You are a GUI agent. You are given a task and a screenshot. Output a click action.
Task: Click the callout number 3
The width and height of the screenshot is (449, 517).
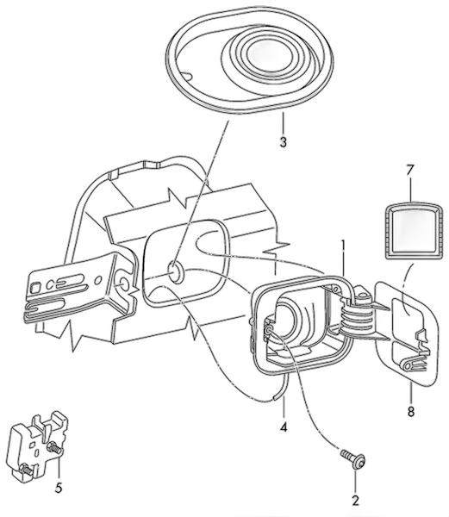click(283, 142)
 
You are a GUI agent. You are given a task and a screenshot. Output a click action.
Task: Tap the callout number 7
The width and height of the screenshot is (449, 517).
click(409, 171)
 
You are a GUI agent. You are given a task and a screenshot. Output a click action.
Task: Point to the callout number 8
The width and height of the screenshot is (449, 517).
click(411, 411)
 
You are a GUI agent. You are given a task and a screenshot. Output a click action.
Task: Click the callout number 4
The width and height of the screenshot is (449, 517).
click(284, 427)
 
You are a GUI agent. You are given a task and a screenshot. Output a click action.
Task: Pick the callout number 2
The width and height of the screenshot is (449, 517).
click(355, 501)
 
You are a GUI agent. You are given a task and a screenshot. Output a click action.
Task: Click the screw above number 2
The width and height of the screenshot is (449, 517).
click(353, 459)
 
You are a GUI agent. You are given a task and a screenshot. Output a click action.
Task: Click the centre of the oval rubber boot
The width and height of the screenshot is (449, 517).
click(250, 60)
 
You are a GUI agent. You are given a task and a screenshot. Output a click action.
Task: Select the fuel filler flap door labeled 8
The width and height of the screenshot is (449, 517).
click(408, 333)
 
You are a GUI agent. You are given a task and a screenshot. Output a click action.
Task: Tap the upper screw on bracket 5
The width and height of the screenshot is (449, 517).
click(53, 448)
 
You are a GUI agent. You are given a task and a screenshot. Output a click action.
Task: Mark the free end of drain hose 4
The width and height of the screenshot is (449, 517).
click(276, 399)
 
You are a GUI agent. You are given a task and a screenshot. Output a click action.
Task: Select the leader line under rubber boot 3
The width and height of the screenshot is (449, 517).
click(283, 123)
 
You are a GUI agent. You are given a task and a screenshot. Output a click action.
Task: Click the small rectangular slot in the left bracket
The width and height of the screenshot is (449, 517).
click(35, 289)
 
